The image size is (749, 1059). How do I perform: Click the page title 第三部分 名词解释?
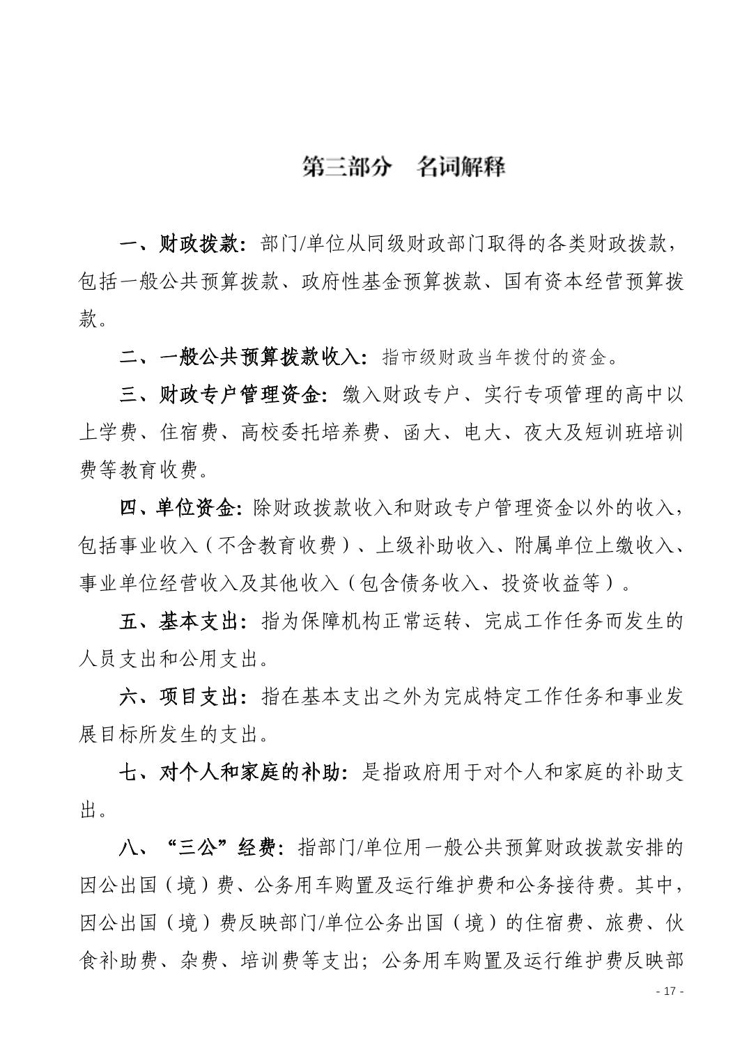tap(403, 167)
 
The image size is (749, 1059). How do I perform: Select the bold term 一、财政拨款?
tap(183, 245)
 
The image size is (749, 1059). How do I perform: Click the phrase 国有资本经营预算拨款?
tap(592, 282)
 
